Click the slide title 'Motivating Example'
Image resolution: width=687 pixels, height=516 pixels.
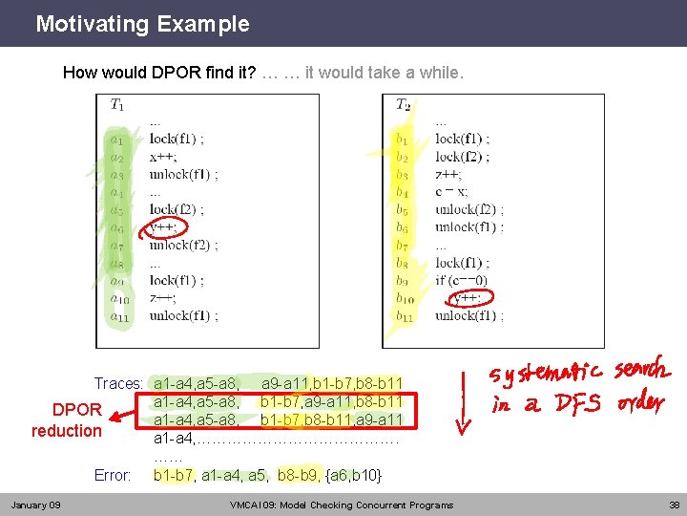coord(142,24)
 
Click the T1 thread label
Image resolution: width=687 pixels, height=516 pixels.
coord(116,104)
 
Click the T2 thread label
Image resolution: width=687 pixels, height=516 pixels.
coord(404,104)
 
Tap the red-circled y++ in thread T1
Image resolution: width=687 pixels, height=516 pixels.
coord(163,227)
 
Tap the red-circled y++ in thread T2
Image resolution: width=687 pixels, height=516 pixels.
coord(467,298)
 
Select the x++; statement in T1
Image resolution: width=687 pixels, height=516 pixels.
coord(163,157)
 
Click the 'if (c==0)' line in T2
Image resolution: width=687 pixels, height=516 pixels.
coord(461,280)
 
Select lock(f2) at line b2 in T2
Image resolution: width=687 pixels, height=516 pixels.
coord(462,157)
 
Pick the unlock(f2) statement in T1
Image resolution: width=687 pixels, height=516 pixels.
coord(183,245)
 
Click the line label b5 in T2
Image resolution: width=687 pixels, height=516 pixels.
coord(403,210)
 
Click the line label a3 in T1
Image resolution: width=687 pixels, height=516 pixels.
coord(116,175)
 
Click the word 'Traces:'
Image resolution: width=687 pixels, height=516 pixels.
coord(118,384)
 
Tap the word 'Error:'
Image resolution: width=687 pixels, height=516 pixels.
coord(113,475)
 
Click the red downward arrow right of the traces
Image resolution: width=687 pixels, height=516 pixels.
coord(463,400)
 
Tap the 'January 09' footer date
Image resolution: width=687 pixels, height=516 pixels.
coord(35,505)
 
